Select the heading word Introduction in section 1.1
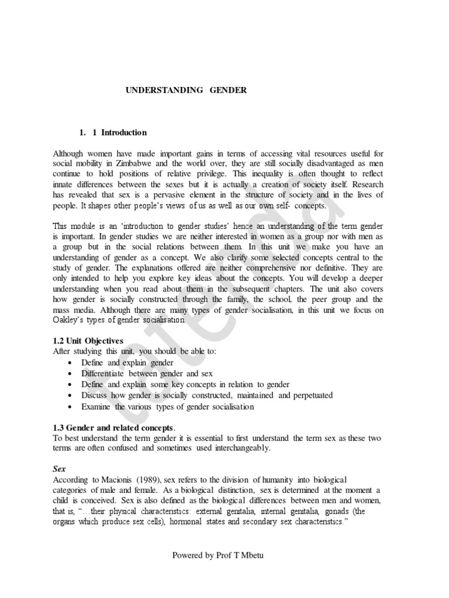click(124, 133)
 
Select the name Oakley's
click(70, 321)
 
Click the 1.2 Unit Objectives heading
click(88, 340)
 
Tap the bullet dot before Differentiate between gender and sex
click(71, 374)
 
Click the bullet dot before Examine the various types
click(71, 407)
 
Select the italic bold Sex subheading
click(58, 469)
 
